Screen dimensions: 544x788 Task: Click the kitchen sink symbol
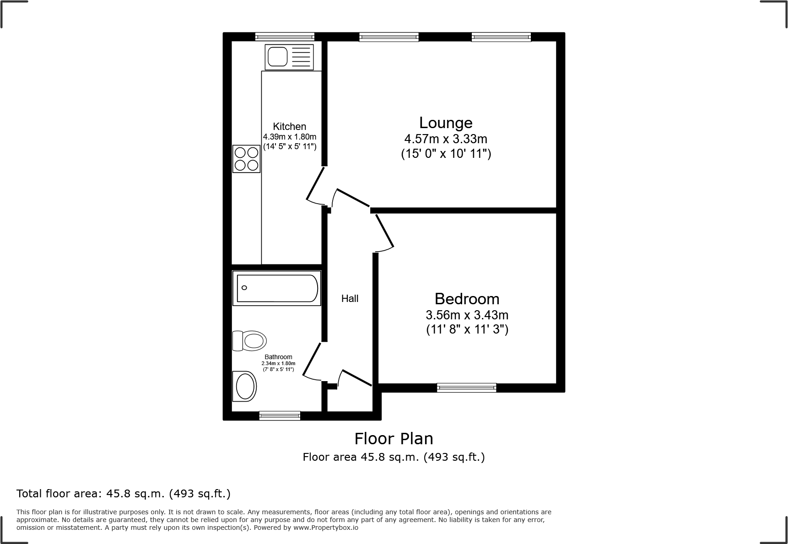(289, 57)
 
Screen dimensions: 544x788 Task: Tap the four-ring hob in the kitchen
(246, 158)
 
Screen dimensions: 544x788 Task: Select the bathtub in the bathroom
(276, 288)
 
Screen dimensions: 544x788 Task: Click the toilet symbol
(249, 341)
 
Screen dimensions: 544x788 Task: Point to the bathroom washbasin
(245, 386)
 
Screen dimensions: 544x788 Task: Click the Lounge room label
(446, 123)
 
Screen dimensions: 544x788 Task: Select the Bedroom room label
(467, 299)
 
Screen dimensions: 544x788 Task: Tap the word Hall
(350, 299)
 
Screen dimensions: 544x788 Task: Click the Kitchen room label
(289, 127)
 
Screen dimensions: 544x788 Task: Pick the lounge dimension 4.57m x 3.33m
(446, 139)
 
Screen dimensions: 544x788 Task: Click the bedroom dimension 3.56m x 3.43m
(467, 315)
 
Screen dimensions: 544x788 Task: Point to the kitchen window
(285, 37)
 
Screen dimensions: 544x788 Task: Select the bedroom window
(466, 388)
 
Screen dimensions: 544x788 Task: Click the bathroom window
(280, 415)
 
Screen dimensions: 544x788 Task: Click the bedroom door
(384, 232)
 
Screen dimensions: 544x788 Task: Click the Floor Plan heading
(394, 439)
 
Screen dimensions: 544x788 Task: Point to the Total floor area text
(123, 494)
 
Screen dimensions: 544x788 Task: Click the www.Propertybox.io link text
(326, 528)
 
